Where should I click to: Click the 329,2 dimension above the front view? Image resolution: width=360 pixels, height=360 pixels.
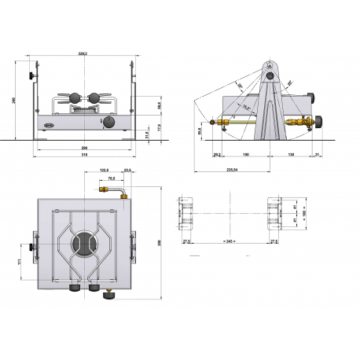(83, 54)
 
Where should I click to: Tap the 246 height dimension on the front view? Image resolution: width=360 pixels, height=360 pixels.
(13, 100)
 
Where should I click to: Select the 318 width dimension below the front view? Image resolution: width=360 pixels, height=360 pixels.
(83, 155)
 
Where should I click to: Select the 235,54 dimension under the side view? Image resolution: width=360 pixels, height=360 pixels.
(232, 168)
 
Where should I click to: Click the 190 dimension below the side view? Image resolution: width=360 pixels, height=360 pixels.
(245, 156)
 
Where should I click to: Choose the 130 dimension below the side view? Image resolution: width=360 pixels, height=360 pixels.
(292, 156)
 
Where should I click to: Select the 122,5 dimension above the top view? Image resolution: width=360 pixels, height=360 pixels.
(104, 170)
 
